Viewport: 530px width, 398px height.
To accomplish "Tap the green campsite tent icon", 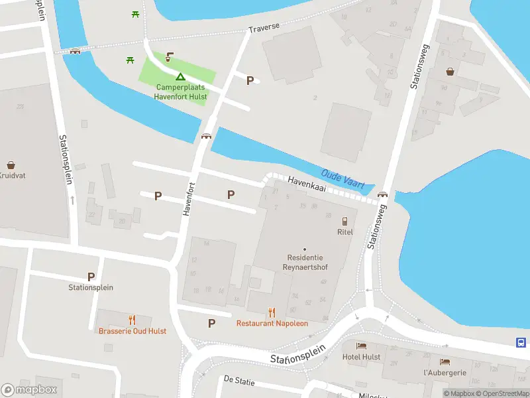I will (x=180, y=78).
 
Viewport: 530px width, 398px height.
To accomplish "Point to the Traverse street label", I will (x=264, y=29).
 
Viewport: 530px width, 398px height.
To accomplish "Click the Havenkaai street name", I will (x=308, y=184).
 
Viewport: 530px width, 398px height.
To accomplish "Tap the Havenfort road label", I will (x=189, y=198).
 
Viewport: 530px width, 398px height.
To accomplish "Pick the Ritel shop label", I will (x=344, y=232).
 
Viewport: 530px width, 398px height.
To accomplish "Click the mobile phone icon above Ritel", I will (x=344, y=221).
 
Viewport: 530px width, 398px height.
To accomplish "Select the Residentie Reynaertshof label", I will (x=305, y=261).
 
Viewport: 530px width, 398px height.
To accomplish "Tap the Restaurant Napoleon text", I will (x=272, y=324).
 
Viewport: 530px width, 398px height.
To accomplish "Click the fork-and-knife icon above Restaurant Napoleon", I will (x=272, y=312).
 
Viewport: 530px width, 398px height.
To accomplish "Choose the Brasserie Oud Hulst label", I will (x=132, y=331).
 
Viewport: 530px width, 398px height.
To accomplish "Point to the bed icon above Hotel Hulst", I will (x=361, y=346).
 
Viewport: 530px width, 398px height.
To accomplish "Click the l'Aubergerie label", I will (x=445, y=373).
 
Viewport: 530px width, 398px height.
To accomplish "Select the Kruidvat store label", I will (x=11, y=176).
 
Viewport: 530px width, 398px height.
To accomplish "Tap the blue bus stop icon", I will (x=521, y=342).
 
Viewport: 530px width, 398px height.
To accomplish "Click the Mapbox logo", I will (x=29, y=390).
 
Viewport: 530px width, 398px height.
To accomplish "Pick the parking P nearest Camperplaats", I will (x=250, y=81).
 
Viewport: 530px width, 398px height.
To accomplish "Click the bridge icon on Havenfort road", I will (x=207, y=137).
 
